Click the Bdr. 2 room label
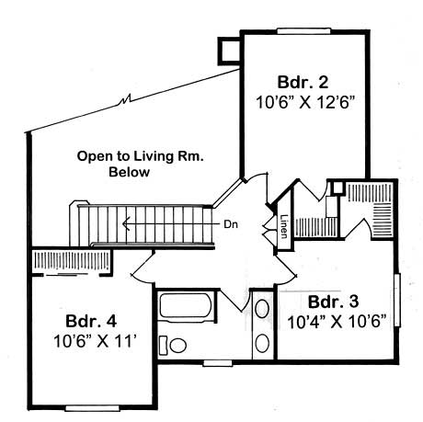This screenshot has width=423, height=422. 304,76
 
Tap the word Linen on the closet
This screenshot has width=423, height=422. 285,225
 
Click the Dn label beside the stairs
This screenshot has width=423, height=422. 232,222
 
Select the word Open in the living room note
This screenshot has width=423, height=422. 94,157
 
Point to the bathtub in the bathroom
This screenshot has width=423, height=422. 187,312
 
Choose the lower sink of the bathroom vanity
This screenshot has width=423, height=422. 262,344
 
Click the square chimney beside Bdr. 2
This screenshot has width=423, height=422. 227,49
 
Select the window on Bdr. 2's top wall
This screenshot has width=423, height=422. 304,31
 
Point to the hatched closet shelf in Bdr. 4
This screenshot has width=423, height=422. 69,261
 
